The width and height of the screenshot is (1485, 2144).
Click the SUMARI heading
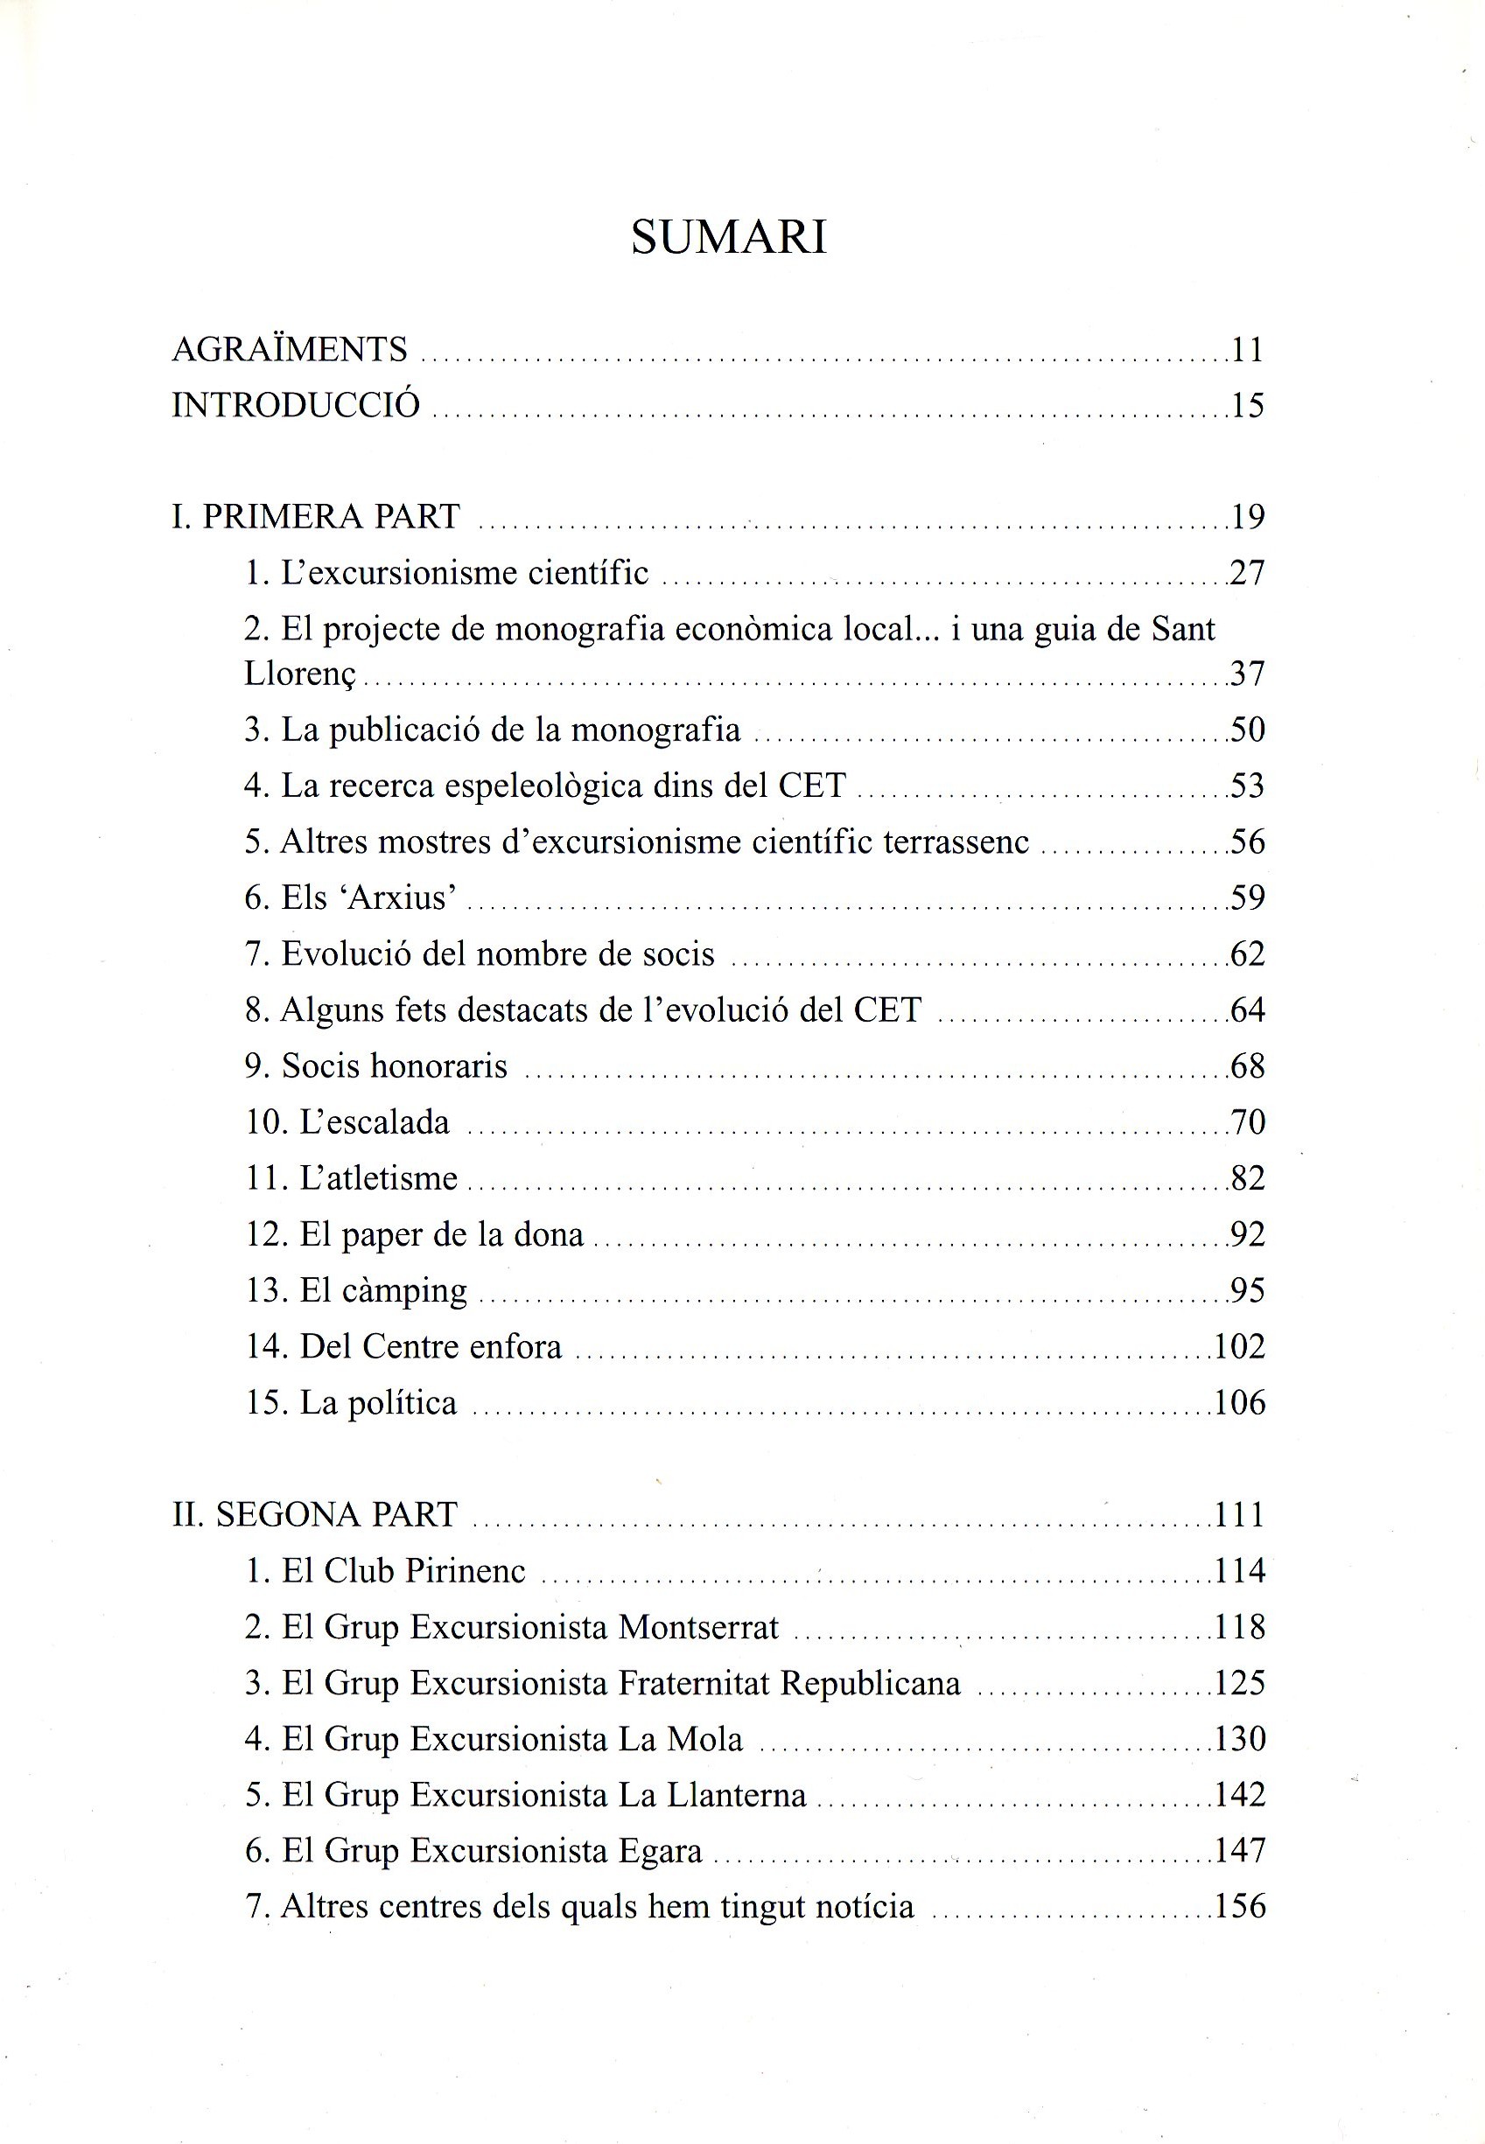(729, 237)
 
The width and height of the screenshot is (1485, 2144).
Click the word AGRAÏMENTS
(291, 349)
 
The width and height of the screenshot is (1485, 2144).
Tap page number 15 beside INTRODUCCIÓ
(1248, 405)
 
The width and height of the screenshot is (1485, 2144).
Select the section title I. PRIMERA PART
(317, 516)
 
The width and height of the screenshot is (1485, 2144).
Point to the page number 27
(1248, 572)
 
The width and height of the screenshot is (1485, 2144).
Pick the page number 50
(1248, 730)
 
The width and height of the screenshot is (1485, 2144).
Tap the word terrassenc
(956, 842)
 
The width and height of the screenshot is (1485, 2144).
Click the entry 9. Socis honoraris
(377, 1066)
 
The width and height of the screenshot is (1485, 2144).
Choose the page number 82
(1248, 1177)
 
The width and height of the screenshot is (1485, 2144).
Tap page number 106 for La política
(1240, 1403)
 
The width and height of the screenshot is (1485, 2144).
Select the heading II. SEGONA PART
(315, 1514)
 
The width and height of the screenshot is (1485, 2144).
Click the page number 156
(1240, 1906)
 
